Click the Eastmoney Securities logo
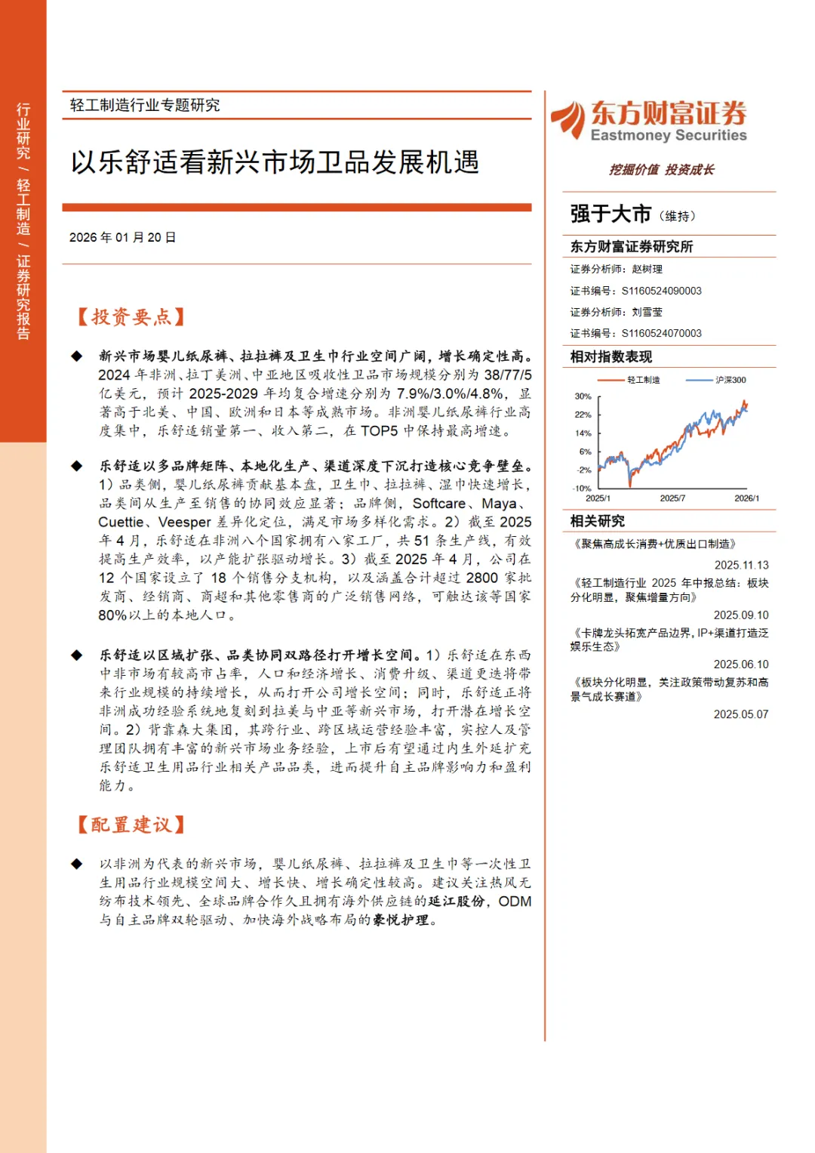coord(649,121)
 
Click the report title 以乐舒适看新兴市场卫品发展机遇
coord(275,162)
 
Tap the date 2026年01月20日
coord(122,238)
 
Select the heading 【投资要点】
coord(131,317)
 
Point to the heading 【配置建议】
coord(131,825)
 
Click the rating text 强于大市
coord(610,214)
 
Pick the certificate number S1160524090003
coord(661,291)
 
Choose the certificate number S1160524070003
coord(661,333)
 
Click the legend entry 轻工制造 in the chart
coord(643,380)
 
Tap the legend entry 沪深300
coord(730,380)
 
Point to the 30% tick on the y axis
coord(583,396)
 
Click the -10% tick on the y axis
coord(582,489)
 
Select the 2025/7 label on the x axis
coord(672,498)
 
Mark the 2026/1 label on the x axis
coord(746,498)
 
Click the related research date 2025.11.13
coord(741,565)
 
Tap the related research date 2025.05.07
coord(741,714)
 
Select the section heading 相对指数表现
coord(611,357)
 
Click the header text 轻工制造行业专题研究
coord(145,105)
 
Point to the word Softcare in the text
coord(439,504)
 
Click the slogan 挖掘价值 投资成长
coord(662,170)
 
